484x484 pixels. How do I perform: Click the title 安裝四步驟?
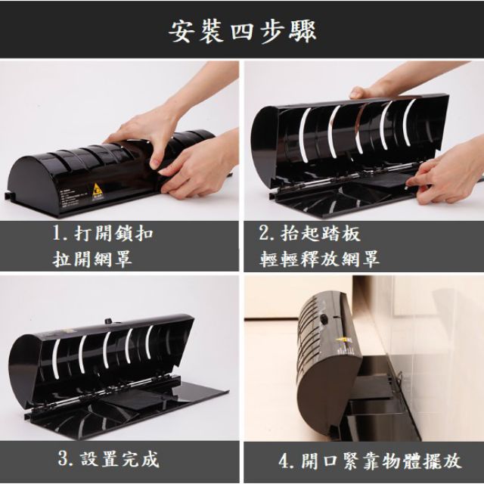243,32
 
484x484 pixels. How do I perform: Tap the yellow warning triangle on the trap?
98,188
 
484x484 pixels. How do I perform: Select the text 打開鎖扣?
114,234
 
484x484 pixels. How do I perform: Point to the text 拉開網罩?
92,259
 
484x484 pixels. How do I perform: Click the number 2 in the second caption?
264,233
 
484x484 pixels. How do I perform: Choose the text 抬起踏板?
321,234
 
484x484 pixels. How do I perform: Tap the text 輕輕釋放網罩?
319,259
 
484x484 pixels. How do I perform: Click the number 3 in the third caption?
63,459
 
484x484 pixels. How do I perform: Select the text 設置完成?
119,459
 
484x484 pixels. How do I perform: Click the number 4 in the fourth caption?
284,461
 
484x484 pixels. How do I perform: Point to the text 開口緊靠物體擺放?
381,461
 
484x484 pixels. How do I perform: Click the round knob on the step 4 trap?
324,318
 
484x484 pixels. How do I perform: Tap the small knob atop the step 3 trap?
108,321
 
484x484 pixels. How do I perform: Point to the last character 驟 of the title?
303,32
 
